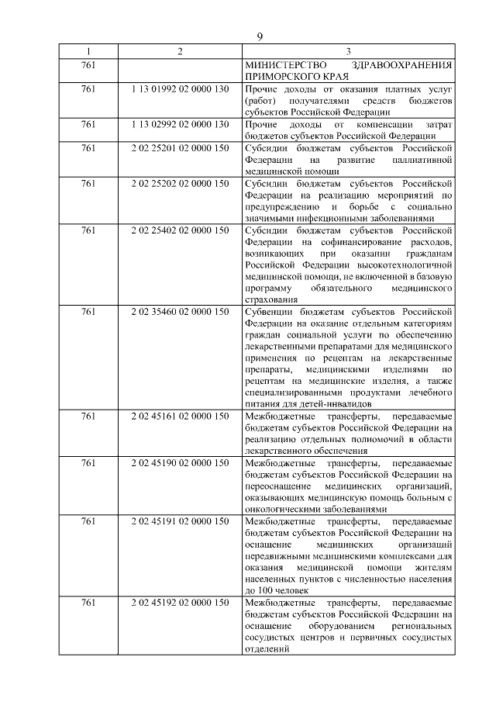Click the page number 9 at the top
(x=260, y=36)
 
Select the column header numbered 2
(x=180, y=52)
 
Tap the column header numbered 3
(x=348, y=52)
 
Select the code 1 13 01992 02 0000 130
(x=180, y=91)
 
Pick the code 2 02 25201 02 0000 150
(x=180, y=147)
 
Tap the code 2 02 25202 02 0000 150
(x=180, y=183)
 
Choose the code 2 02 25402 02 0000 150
(x=180, y=230)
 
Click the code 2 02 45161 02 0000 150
(x=180, y=416)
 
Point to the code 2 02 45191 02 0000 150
(x=180, y=520)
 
